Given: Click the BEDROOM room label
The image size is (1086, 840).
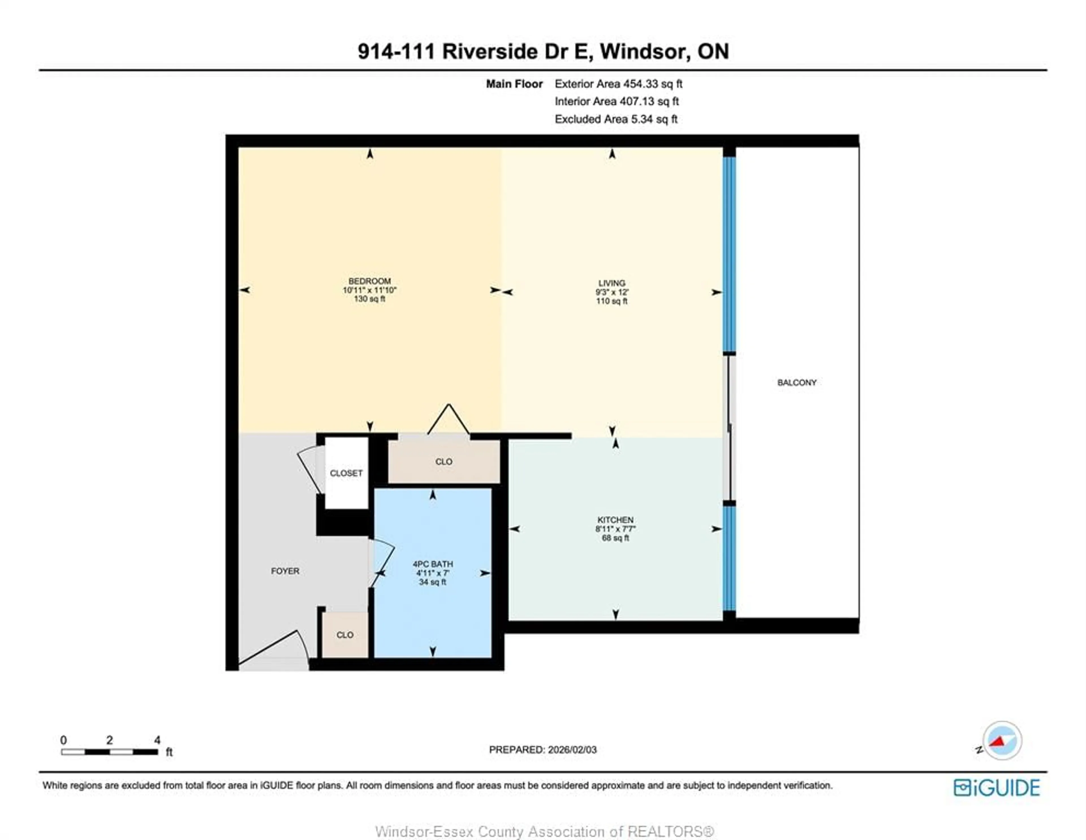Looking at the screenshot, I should coord(369,281).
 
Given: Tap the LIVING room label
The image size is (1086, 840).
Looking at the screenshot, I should coord(612,283).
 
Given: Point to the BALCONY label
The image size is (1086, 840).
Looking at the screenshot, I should coord(797,382).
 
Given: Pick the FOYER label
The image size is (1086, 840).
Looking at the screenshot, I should coord(285,571).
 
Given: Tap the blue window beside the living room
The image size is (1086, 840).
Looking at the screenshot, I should coord(729,254).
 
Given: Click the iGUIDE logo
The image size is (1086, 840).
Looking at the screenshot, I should coord(997,788).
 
